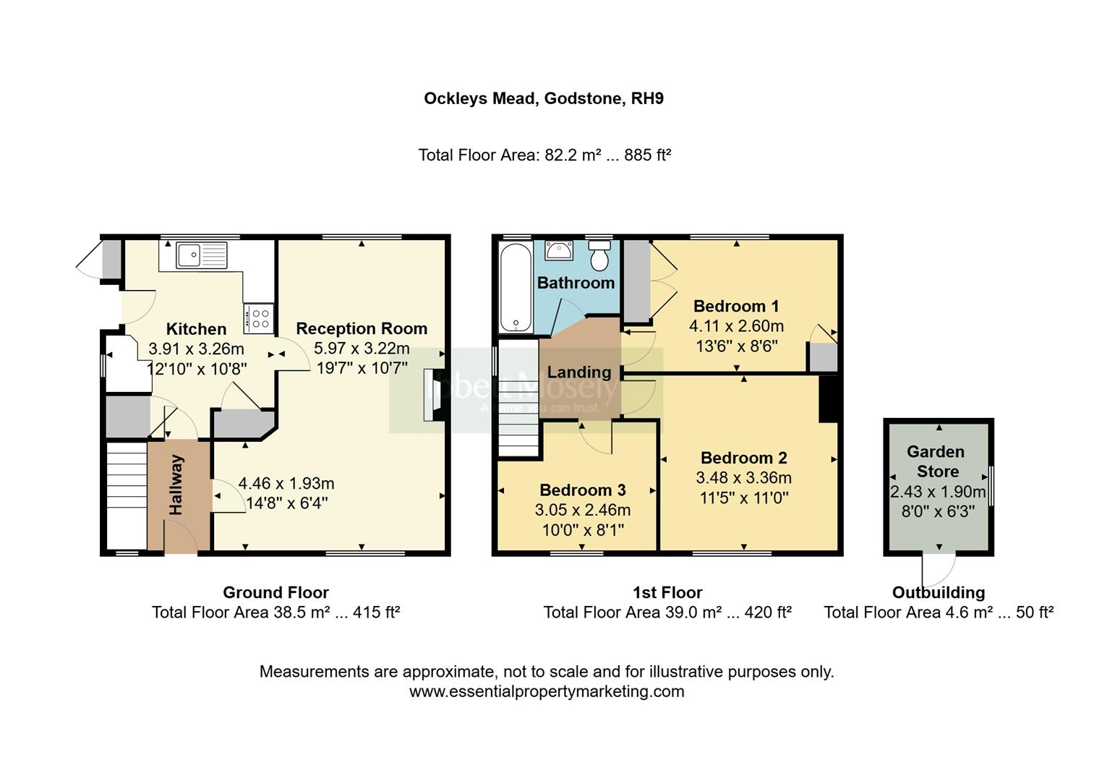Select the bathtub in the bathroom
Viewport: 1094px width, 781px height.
(515, 287)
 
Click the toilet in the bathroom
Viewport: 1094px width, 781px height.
(600, 256)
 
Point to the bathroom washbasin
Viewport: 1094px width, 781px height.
(558, 250)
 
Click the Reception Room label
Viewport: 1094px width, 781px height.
(362, 328)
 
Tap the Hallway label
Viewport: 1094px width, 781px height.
(176, 485)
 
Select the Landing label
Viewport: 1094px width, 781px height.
(578, 372)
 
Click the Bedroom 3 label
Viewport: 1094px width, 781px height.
(582, 490)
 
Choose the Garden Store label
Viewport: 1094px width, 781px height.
(936, 461)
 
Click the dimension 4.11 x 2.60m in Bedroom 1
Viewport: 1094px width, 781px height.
(736, 326)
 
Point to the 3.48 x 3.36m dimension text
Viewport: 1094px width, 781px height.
(743, 478)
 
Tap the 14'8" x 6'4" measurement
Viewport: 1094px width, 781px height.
(286, 503)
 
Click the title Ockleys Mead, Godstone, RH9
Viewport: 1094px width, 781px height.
(544, 98)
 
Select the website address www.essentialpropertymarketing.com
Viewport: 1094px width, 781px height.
(547, 691)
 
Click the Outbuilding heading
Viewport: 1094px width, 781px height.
(938, 593)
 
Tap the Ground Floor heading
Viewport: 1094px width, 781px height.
(275, 593)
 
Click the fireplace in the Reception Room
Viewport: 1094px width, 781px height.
(433, 395)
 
